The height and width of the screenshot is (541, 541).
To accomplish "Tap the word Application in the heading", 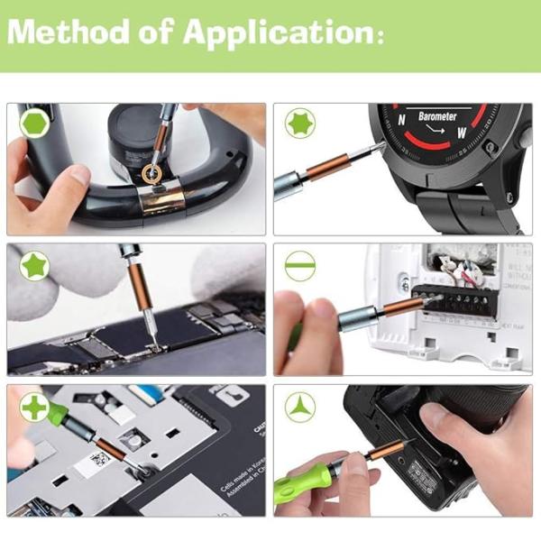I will click(275, 34).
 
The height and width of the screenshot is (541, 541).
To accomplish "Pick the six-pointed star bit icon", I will click(299, 124).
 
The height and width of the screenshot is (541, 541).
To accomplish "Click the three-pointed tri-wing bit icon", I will click(299, 408).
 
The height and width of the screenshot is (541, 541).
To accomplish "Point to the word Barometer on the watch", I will click(438, 117).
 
